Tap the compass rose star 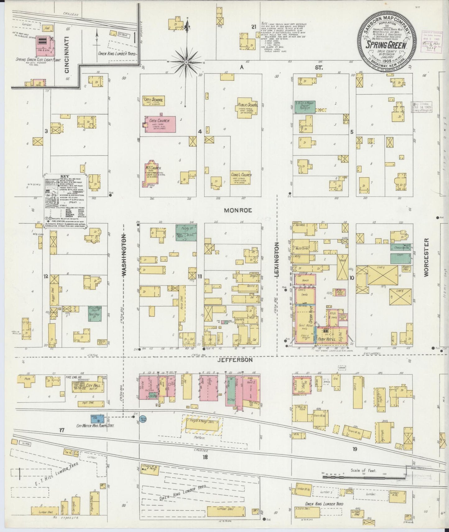pos(186,62)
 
